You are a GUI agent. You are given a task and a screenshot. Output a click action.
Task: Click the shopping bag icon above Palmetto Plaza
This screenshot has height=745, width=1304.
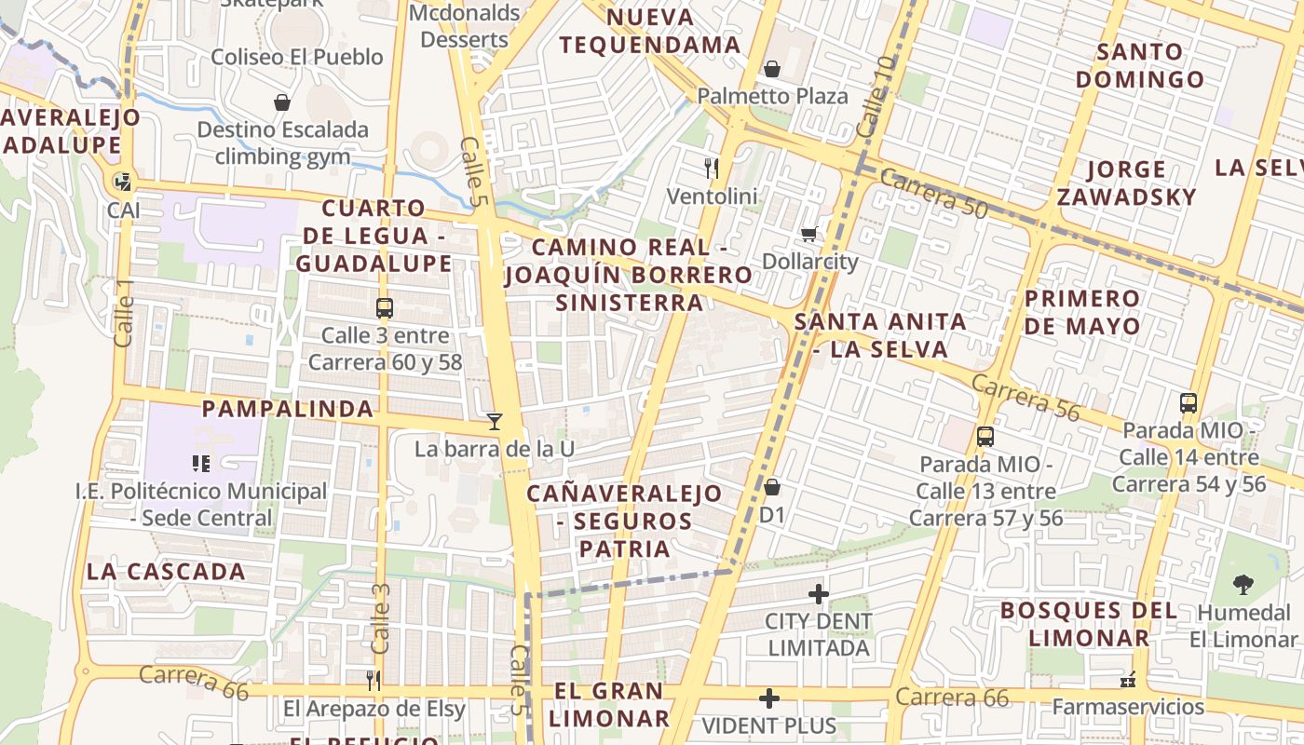tap(771, 69)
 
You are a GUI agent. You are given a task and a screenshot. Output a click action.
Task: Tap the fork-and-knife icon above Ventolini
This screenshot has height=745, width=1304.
tap(712, 169)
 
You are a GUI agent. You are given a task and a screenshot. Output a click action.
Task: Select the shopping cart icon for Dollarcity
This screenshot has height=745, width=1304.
tap(809, 234)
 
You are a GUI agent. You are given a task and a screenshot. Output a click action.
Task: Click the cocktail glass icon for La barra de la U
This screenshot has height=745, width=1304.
tap(495, 422)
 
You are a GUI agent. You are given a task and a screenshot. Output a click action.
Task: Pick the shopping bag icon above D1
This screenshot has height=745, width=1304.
tap(771, 487)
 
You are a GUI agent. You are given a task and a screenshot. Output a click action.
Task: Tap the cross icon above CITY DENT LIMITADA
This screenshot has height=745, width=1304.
tap(819, 593)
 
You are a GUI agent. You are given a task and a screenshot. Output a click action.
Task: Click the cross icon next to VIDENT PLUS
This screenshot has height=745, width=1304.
tap(769, 698)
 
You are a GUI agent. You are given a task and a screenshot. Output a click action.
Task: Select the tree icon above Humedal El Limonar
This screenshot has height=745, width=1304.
tap(1243, 585)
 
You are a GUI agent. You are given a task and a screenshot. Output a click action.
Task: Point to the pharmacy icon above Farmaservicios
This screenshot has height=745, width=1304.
tap(1129, 680)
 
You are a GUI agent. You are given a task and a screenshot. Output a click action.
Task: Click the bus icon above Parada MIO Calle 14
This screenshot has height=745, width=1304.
tap(1189, 403)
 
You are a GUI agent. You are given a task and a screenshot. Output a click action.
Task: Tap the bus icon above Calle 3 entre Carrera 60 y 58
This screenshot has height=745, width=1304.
tap(384, 308)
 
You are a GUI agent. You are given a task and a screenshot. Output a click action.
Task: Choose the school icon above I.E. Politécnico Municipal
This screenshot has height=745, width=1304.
tap(201, 463)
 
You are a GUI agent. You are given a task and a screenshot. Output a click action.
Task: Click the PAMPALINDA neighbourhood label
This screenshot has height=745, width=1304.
tap(288, 409)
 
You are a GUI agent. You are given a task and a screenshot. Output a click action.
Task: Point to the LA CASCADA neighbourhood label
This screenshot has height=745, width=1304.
tap(167, 572)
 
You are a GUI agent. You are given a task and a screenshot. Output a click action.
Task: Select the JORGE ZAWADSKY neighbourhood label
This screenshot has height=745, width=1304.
tap(1126, 183)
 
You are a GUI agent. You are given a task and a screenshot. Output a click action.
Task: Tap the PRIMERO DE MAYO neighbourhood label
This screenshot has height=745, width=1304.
tap(1082, 312)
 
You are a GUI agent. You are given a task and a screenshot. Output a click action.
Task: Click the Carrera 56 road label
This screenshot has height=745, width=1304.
tap(1026, 398)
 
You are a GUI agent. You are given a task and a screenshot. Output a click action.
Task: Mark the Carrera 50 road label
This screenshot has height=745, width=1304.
tap(933, 194)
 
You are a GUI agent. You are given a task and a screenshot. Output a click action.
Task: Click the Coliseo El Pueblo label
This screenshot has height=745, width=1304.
tap(297, 57)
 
